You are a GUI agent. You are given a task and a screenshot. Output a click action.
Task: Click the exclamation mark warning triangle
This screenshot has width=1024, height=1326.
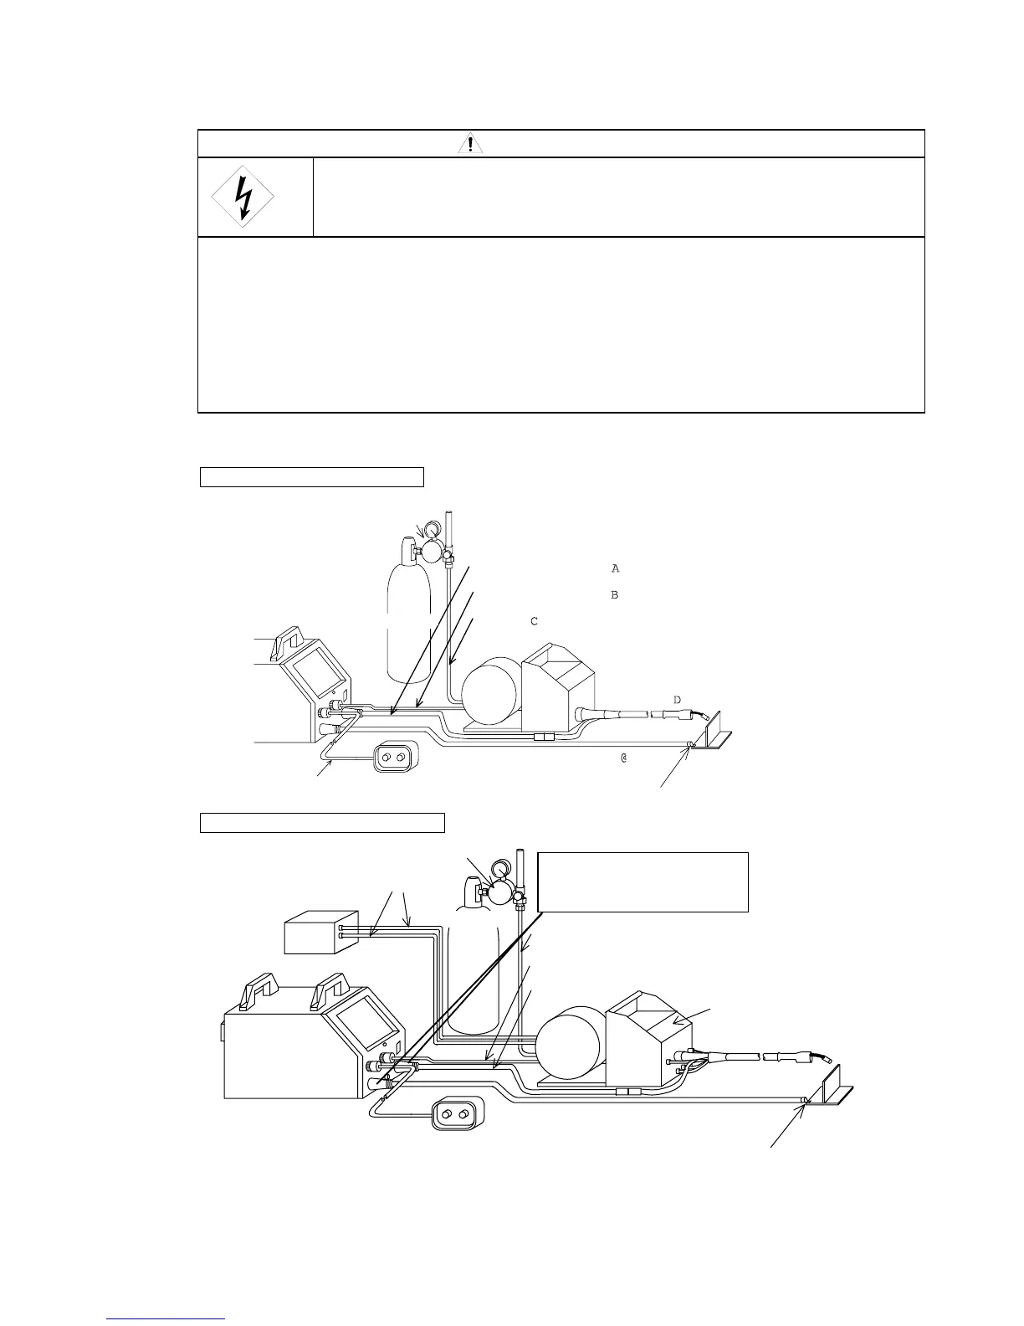(471, 144)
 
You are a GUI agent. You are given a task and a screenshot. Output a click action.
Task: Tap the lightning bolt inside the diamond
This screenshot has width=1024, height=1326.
(243, 198)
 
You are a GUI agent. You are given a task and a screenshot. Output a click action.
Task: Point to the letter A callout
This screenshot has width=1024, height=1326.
(615, 569)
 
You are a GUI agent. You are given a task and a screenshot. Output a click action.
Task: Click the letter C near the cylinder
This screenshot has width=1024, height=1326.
(533, 622)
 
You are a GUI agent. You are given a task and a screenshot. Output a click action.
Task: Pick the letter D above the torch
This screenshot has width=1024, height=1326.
(677, 700)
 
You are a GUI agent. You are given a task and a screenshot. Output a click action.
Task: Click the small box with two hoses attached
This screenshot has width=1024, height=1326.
(320, 933)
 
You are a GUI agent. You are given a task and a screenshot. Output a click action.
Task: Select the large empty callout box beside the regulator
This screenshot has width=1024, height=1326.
(642, 881)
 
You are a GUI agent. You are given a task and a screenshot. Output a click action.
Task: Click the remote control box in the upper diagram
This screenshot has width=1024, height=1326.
(392, 758)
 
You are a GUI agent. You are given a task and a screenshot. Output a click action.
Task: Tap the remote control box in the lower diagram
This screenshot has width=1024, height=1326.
(456, 1115)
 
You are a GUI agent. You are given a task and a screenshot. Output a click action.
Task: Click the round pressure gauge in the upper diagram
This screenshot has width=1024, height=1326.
(433, 529)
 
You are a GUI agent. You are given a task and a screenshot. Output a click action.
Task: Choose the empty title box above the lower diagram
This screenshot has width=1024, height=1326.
(322, 822)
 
